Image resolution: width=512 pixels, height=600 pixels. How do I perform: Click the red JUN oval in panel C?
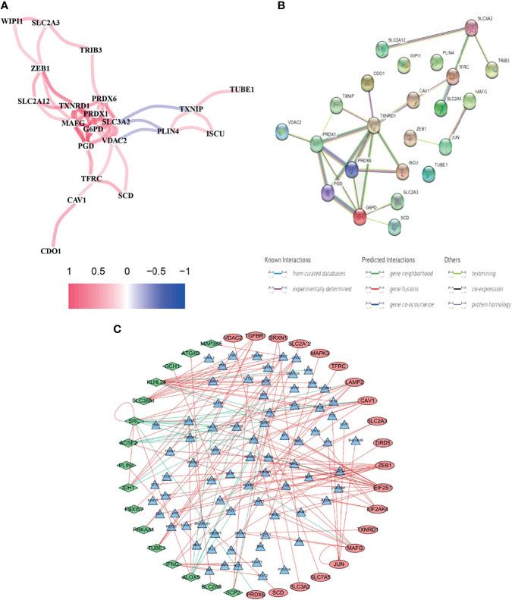(x=343, y=564)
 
